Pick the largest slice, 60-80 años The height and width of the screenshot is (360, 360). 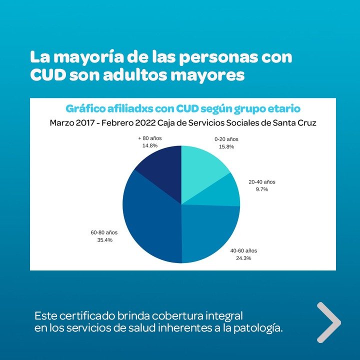[x=150, y=215]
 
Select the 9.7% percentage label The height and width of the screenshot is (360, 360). [x=262, y=190]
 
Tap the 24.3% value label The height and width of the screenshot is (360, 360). [x=243, y=258]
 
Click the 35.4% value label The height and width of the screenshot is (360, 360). [x=104, y=240]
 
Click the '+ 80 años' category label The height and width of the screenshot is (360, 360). [x=150, y=137]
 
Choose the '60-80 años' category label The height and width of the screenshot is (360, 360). [x=104, y=232]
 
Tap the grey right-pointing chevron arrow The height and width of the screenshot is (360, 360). [x=329, y=322]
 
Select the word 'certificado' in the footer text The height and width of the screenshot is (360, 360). [x=80, y=316]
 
